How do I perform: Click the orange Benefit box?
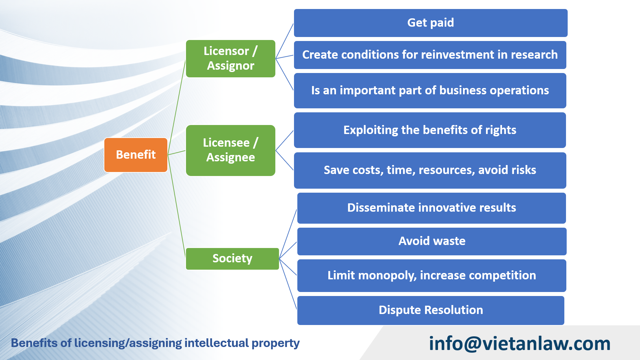136,155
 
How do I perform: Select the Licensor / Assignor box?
231,59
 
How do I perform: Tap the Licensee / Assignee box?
231,150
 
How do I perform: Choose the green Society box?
232,259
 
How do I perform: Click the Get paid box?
431,23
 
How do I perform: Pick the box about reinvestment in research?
430,55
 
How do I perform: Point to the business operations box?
430,90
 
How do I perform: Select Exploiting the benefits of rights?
430,130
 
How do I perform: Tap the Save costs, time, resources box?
430,170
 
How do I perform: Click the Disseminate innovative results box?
432,208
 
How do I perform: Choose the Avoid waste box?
432,241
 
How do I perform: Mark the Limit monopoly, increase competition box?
432,276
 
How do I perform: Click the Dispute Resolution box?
431,310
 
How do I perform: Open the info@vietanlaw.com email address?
520,344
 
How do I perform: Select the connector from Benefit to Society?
177,206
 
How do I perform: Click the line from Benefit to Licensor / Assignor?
177,107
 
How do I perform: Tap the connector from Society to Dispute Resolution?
288,284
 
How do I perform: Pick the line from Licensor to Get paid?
285,41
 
